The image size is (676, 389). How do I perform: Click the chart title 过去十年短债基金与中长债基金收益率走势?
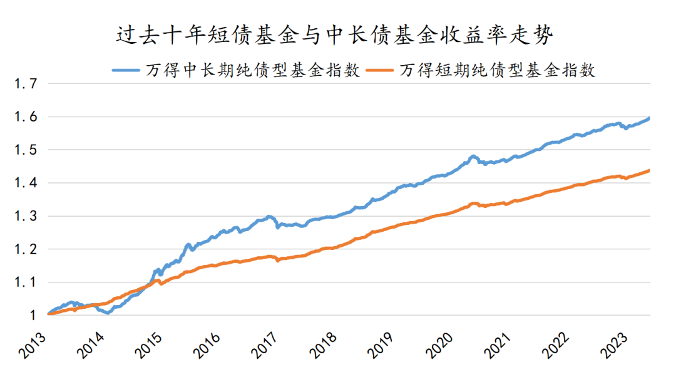pos(334,35)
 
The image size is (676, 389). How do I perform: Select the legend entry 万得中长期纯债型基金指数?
pos(253,70)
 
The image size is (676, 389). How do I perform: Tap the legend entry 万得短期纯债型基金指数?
pos(498,70)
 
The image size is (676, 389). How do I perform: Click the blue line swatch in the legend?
pos(126,70)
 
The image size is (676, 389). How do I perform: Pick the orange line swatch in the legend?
pos(380,70)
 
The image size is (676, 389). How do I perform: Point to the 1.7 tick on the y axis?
pos(26,84)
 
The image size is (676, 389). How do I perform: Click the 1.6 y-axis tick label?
pos(26,117)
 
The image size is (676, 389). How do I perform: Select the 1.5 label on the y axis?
pos(26,150)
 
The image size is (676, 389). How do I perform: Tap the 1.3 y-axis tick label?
pos(26,216)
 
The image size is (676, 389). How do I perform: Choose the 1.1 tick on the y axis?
pos(26,283)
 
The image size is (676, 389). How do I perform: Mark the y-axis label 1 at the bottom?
pos(33,316)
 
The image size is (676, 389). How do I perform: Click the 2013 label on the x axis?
pos(33,345)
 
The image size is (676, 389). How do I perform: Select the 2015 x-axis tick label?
pos(148,345)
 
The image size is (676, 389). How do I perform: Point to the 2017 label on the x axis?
pos(264,345)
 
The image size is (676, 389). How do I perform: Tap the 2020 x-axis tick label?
pos(439,345)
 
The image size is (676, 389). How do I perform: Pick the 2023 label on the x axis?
pos(613,345)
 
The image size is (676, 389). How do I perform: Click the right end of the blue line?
pos(649,118)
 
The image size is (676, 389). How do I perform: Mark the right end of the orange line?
pos(649,170)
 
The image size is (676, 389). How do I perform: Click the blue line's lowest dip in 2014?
pos(108,313)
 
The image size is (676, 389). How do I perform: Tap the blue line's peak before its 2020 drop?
pos(473,157)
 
